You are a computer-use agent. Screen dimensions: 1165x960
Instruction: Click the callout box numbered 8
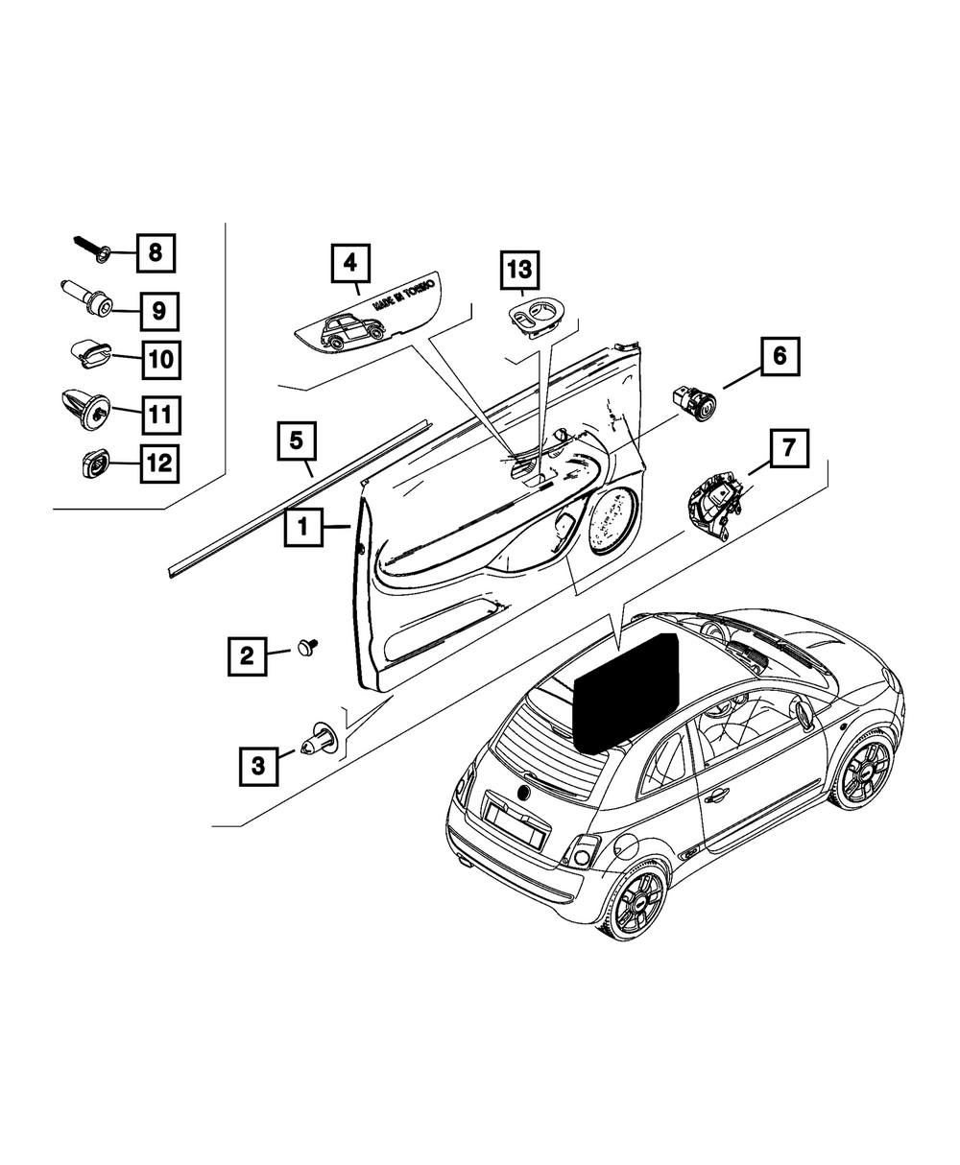tap(156, 254)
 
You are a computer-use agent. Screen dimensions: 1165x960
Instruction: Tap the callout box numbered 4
tap(350, 261)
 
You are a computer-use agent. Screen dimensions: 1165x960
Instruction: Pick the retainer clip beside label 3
tap(318, 739)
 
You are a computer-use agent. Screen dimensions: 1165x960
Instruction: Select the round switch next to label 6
tap(694, 403)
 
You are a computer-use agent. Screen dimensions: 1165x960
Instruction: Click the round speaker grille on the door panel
tap(613, 522)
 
